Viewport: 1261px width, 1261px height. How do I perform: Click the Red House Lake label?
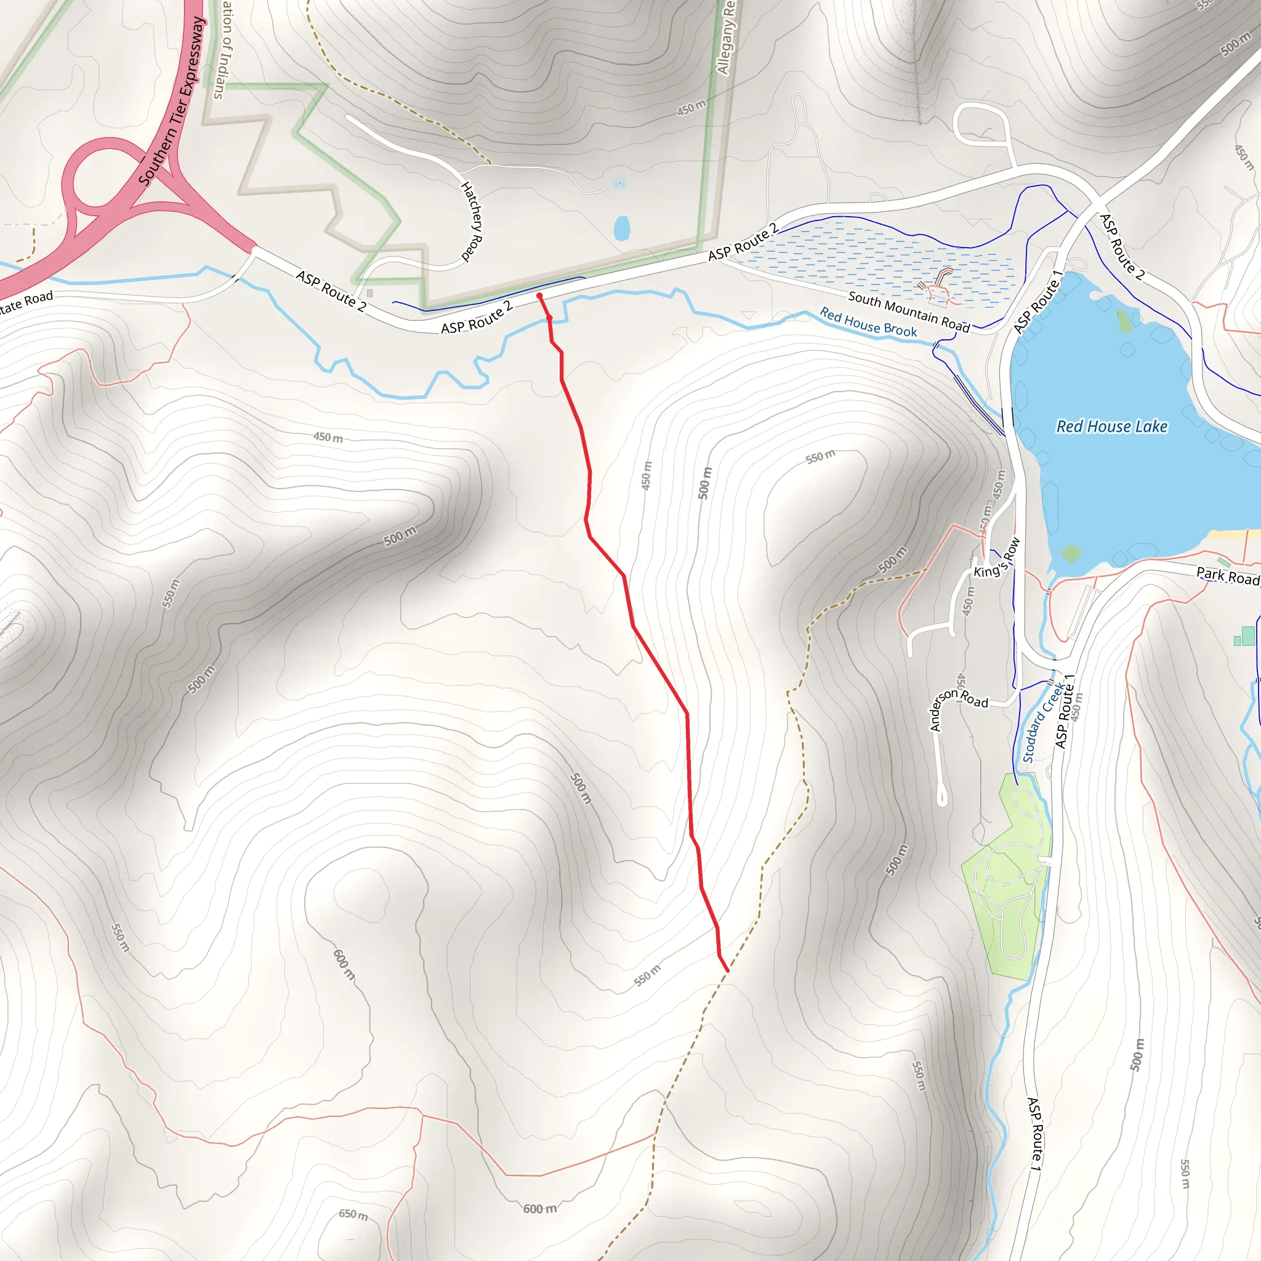coord(1111,426)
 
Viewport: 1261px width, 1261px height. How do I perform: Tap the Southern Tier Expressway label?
coord(172,101)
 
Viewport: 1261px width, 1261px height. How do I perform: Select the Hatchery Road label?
coord(471,221)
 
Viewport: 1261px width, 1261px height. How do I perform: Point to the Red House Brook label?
coord(868,323)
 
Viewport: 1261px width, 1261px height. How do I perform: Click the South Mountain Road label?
coord(909,312)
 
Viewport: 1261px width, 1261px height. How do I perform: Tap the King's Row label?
coord(997,559)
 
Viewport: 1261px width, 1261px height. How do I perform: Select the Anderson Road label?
coord(957,707)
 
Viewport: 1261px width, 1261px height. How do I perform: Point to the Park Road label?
coord(1227,575)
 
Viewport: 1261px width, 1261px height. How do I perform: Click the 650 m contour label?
coord(353,1214)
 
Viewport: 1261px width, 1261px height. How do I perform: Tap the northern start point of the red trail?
coord(539,296)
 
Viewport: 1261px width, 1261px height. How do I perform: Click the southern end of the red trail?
coord(727,971)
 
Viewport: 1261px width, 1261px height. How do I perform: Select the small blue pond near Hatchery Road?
coord(621,228)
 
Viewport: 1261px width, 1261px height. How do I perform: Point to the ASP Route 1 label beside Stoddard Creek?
coord(1065,711)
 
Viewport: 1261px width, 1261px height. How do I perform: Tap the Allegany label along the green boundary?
coord(726,39)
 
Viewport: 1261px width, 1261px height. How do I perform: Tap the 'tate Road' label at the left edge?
coord(26,302)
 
